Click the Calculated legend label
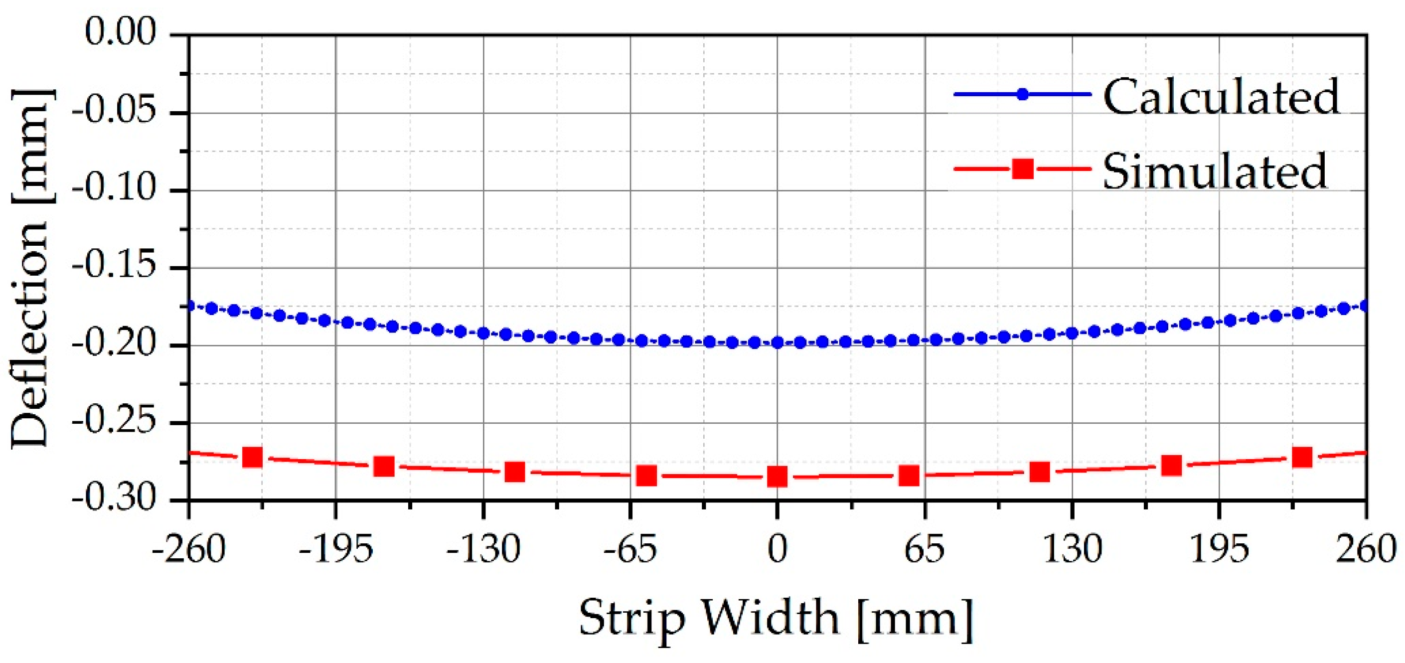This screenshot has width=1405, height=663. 1221,97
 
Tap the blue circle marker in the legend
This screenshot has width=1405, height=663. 1023,94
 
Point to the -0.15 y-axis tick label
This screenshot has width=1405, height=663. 114,267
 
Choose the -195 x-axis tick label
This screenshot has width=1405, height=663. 335,549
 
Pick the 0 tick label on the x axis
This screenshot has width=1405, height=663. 777,549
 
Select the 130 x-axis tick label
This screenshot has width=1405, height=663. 1072,549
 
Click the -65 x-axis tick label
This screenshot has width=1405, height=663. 630,549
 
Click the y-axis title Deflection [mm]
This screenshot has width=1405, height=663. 31,267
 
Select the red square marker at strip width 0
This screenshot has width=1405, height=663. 777,477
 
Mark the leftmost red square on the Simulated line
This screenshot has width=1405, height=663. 253,457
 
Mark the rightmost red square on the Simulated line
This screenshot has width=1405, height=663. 1302,457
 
